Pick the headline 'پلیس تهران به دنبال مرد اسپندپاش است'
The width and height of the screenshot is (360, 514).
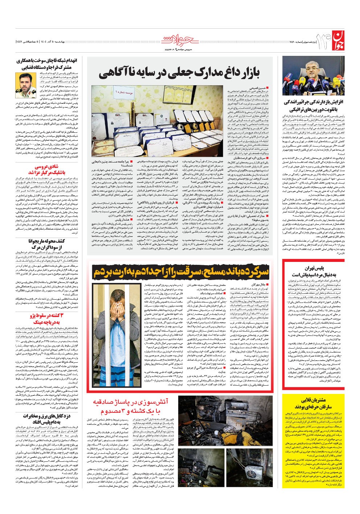coord(314,271)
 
